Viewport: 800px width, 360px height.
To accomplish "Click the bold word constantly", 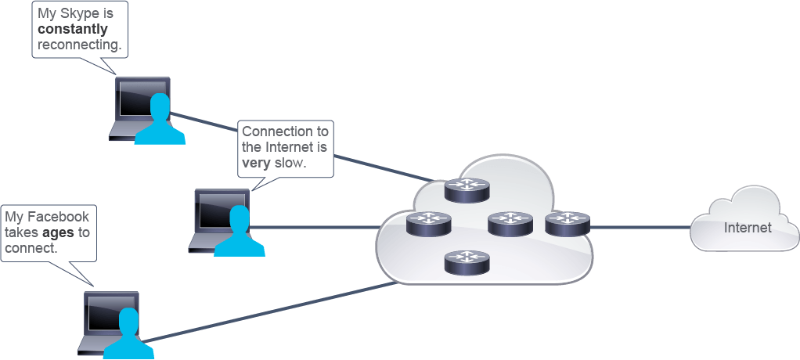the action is (x=73, y=29).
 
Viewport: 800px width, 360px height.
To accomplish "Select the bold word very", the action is (x=257, y=163).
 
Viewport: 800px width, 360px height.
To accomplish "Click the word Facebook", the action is (x=58, y=217).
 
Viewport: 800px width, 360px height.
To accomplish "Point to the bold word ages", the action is (x=59, y=232).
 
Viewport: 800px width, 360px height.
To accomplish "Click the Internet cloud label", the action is (x=748, y=228).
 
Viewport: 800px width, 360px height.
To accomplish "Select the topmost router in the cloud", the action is (x=467, y=190).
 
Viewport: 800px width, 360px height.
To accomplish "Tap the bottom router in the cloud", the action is (x=467, y=262).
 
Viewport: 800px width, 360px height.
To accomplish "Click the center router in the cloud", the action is (x=510, y=224).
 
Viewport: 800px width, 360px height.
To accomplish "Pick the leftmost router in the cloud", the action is (x=429, y=224).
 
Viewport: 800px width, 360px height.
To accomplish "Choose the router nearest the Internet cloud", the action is (x=568, y=224).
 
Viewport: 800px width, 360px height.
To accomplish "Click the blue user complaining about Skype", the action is (x=160, y=120).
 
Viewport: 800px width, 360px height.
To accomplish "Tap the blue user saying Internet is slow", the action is (x=240, y=232).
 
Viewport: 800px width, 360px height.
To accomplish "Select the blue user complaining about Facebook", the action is (x=128, y=334).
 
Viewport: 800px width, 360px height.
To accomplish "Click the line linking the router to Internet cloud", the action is (x=641, y=227).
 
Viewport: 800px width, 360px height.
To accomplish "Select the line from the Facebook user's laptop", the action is (x=269, y=312).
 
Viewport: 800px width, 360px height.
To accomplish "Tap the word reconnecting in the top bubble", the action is (x=80, y=45).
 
